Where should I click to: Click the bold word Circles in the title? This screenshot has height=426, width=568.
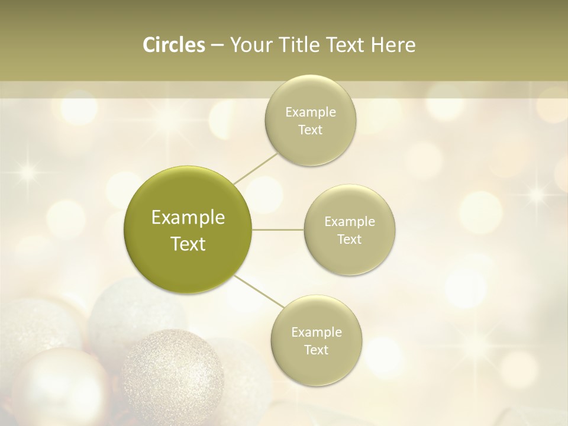173,45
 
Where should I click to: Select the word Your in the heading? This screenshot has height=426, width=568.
249,45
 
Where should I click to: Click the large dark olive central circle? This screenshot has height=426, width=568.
188,230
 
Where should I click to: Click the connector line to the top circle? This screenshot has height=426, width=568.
255,167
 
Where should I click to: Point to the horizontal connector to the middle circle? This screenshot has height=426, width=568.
278,230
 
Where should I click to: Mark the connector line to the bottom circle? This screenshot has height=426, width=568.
259,291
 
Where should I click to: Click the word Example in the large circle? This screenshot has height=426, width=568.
188,218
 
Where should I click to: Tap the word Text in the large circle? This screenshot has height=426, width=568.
188,244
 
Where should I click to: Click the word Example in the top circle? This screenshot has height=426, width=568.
310,112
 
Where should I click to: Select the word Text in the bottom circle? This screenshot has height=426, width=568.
316,350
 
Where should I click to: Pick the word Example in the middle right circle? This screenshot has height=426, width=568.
350,222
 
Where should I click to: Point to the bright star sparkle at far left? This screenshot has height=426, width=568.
26,172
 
